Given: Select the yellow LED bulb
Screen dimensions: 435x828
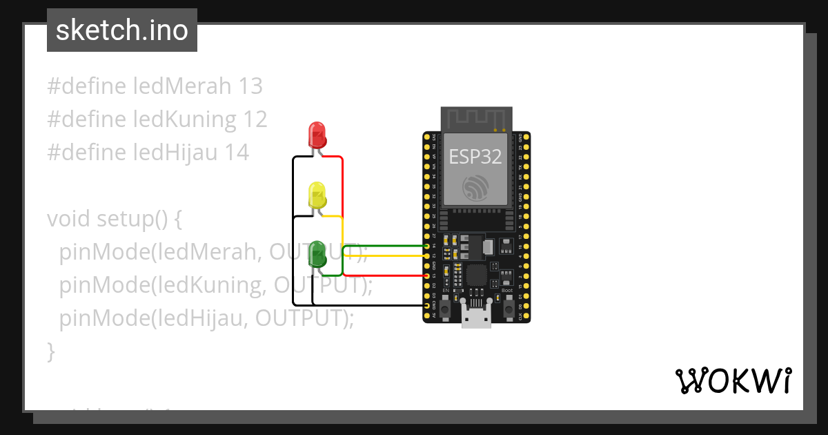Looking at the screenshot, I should coord(317,195).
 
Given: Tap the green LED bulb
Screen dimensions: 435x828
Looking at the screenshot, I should coord(317,253).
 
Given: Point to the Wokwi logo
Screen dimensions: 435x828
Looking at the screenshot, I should coord(733,380).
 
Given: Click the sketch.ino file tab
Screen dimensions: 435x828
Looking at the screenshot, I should coord(122,30).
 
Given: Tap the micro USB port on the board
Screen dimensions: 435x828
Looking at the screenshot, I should coord(477,318).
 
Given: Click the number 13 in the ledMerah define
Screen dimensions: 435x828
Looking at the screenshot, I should coord(250,86).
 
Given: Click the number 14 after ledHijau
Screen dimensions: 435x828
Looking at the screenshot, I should coord(236,152).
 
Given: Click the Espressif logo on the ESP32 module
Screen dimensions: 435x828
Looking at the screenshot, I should coord(475,187).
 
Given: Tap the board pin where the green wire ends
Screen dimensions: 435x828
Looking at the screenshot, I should coord(427,246).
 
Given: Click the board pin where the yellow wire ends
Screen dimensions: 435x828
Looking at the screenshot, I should coord(427,256).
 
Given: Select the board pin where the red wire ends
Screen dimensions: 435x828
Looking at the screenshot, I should coord(427,276).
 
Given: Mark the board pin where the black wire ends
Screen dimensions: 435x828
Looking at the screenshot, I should coord(427,305).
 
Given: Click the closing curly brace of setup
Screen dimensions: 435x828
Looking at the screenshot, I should coord(50,351).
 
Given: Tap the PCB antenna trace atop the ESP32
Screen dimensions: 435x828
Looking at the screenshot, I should coord(476,119).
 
